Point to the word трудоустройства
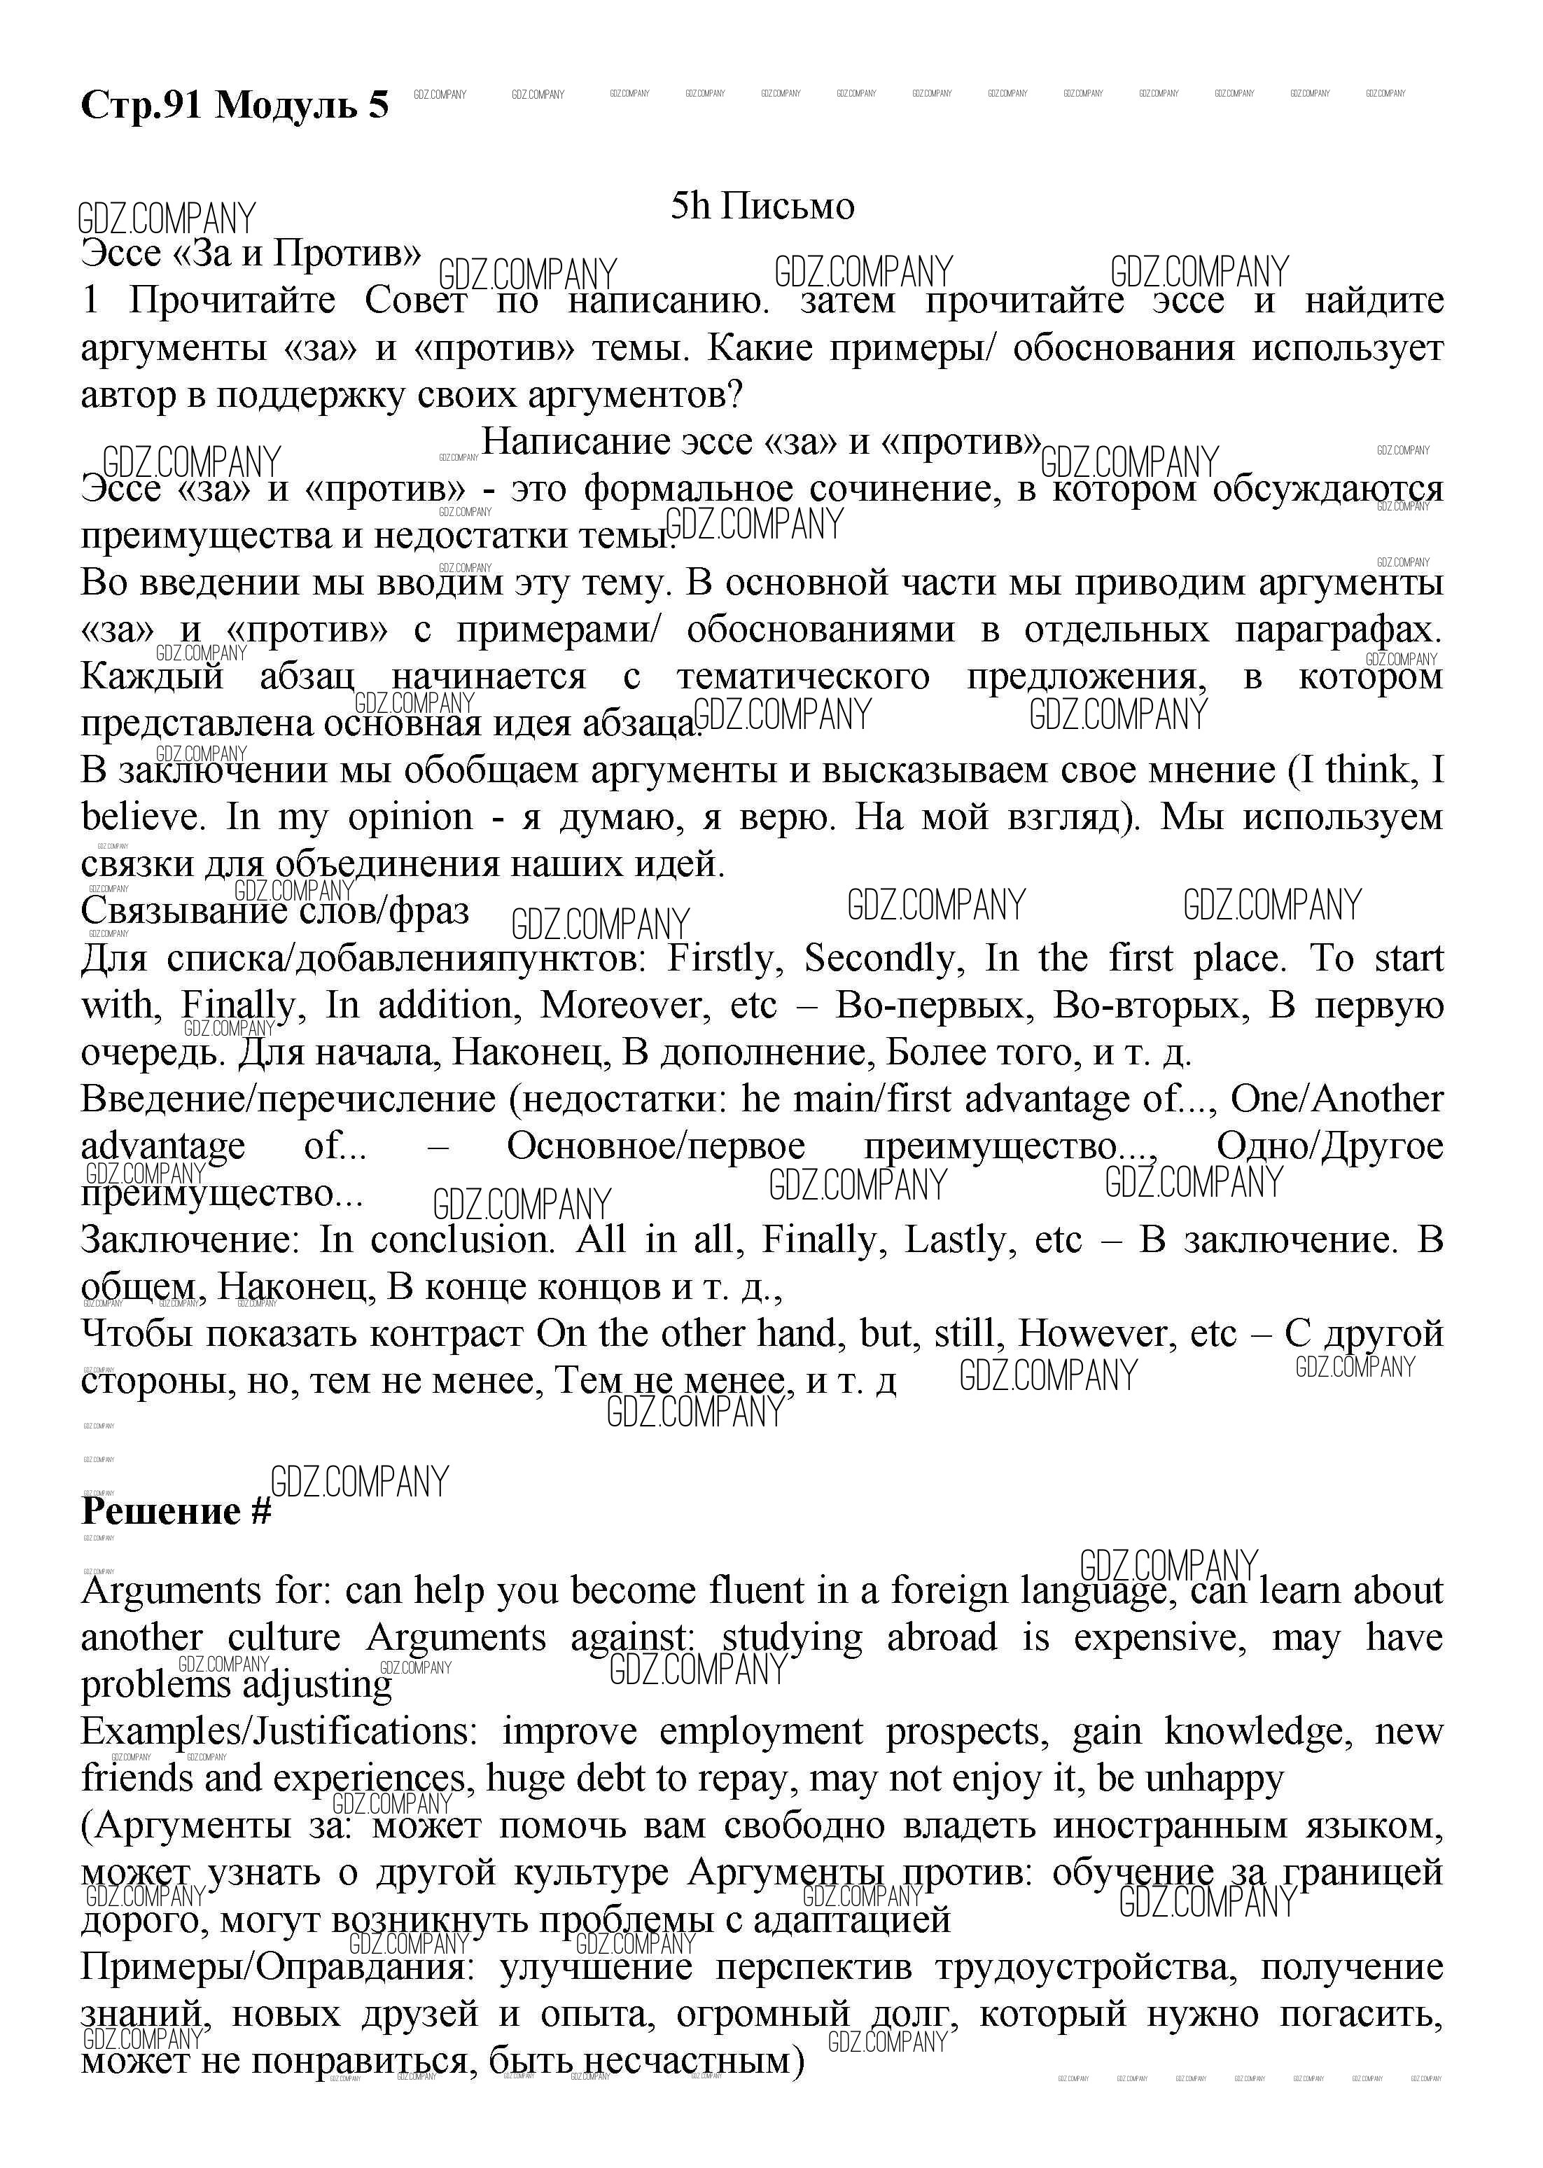tap(1086, 1966)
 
